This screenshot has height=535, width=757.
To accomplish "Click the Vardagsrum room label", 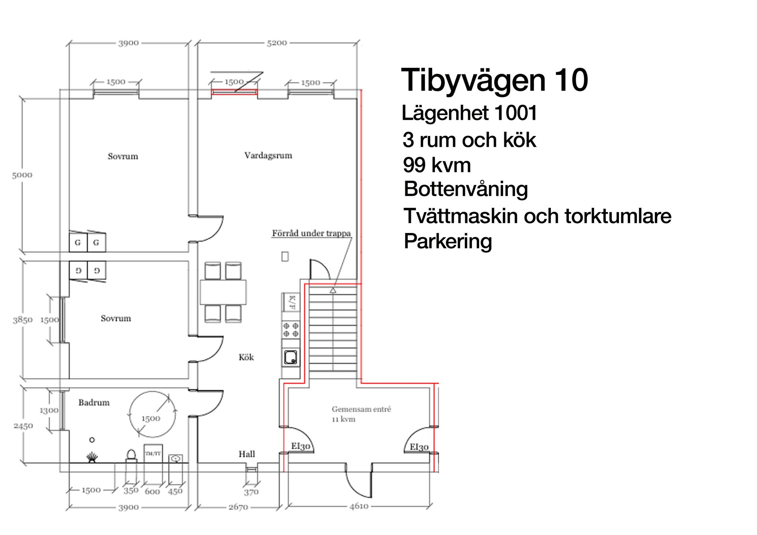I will click(x=268, y=155).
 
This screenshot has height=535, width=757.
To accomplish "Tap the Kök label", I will click(x=246, y=357).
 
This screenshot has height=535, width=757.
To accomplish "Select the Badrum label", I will click(x=94, y=403).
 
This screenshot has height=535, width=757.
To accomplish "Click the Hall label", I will click(x=247, y=454).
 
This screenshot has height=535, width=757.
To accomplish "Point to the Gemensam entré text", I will click(x=361, y=409).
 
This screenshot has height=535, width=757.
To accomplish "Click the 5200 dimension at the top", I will click(x=277, y=43).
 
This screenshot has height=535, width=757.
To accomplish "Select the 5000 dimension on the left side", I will click(x=22, y=175).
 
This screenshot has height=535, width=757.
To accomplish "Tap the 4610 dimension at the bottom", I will click(x=359, y=506).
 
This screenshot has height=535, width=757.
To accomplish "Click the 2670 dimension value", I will click(x=238, y=507).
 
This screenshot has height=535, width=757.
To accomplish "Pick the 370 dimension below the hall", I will click(x=251, y=492).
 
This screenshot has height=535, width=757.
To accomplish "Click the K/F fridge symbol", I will click(x=291, y=302).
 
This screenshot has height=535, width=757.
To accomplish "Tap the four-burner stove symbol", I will click(x=291, y=330).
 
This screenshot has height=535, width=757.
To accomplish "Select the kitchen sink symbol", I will click(x=291, y=357).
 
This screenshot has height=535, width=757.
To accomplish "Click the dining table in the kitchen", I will click(x=223, y=292).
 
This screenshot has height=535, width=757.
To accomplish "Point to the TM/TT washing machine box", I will click(x=153, y=454).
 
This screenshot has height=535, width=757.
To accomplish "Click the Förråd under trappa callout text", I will click(x=311, y=233).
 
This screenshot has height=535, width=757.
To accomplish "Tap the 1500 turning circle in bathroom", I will click(x=152, y=415).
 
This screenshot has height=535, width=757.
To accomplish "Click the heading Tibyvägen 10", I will click(x=494, y=80).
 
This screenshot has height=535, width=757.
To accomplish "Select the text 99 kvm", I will click(x=437, y=165).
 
